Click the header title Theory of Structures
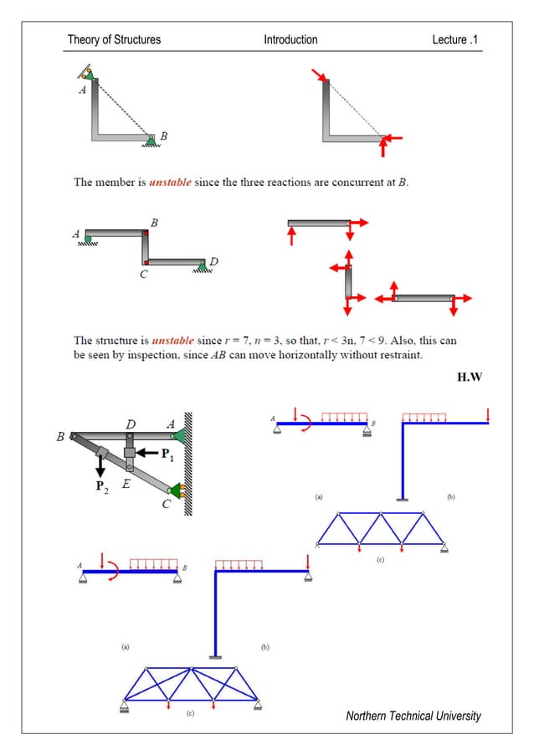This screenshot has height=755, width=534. pos(114,39)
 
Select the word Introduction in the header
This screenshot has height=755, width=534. pos(290,39)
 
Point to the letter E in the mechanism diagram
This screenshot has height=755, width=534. pos(126,484)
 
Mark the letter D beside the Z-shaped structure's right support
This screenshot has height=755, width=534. pos(213,262)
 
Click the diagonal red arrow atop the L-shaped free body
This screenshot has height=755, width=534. pos(321,76)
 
